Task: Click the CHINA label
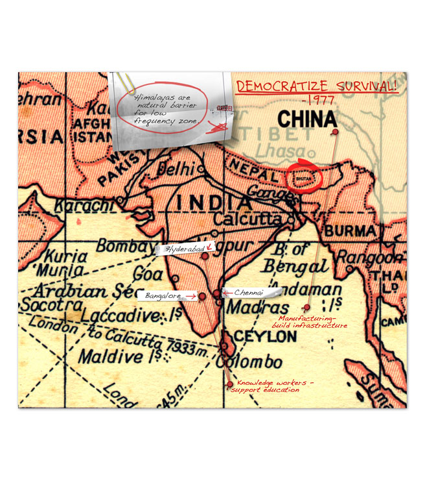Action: pos(307,119)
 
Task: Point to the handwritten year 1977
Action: pos(317,101)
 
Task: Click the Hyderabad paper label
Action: pos(185,249)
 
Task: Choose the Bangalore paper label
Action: pos(162,295)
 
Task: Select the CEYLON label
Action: pos(264,337)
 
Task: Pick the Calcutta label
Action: pos(250,219)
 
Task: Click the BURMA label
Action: pos(350,230)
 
